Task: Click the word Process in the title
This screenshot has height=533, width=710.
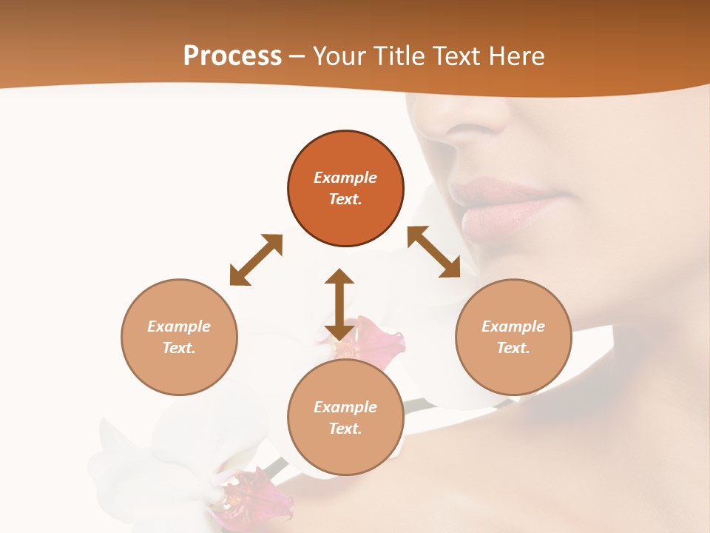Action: coord(232,56)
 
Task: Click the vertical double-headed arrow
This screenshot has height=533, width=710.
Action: coord(339,304)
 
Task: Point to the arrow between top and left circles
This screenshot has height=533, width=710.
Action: coord(256,260)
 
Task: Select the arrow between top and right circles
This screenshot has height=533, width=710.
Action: coord(433,252)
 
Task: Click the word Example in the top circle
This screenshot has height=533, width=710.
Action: coord(345,178)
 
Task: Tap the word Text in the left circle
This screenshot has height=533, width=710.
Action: coord(179,348)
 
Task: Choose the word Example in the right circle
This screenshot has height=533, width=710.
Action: coord(513,326)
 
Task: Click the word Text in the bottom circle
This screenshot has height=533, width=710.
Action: coord(345,429)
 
